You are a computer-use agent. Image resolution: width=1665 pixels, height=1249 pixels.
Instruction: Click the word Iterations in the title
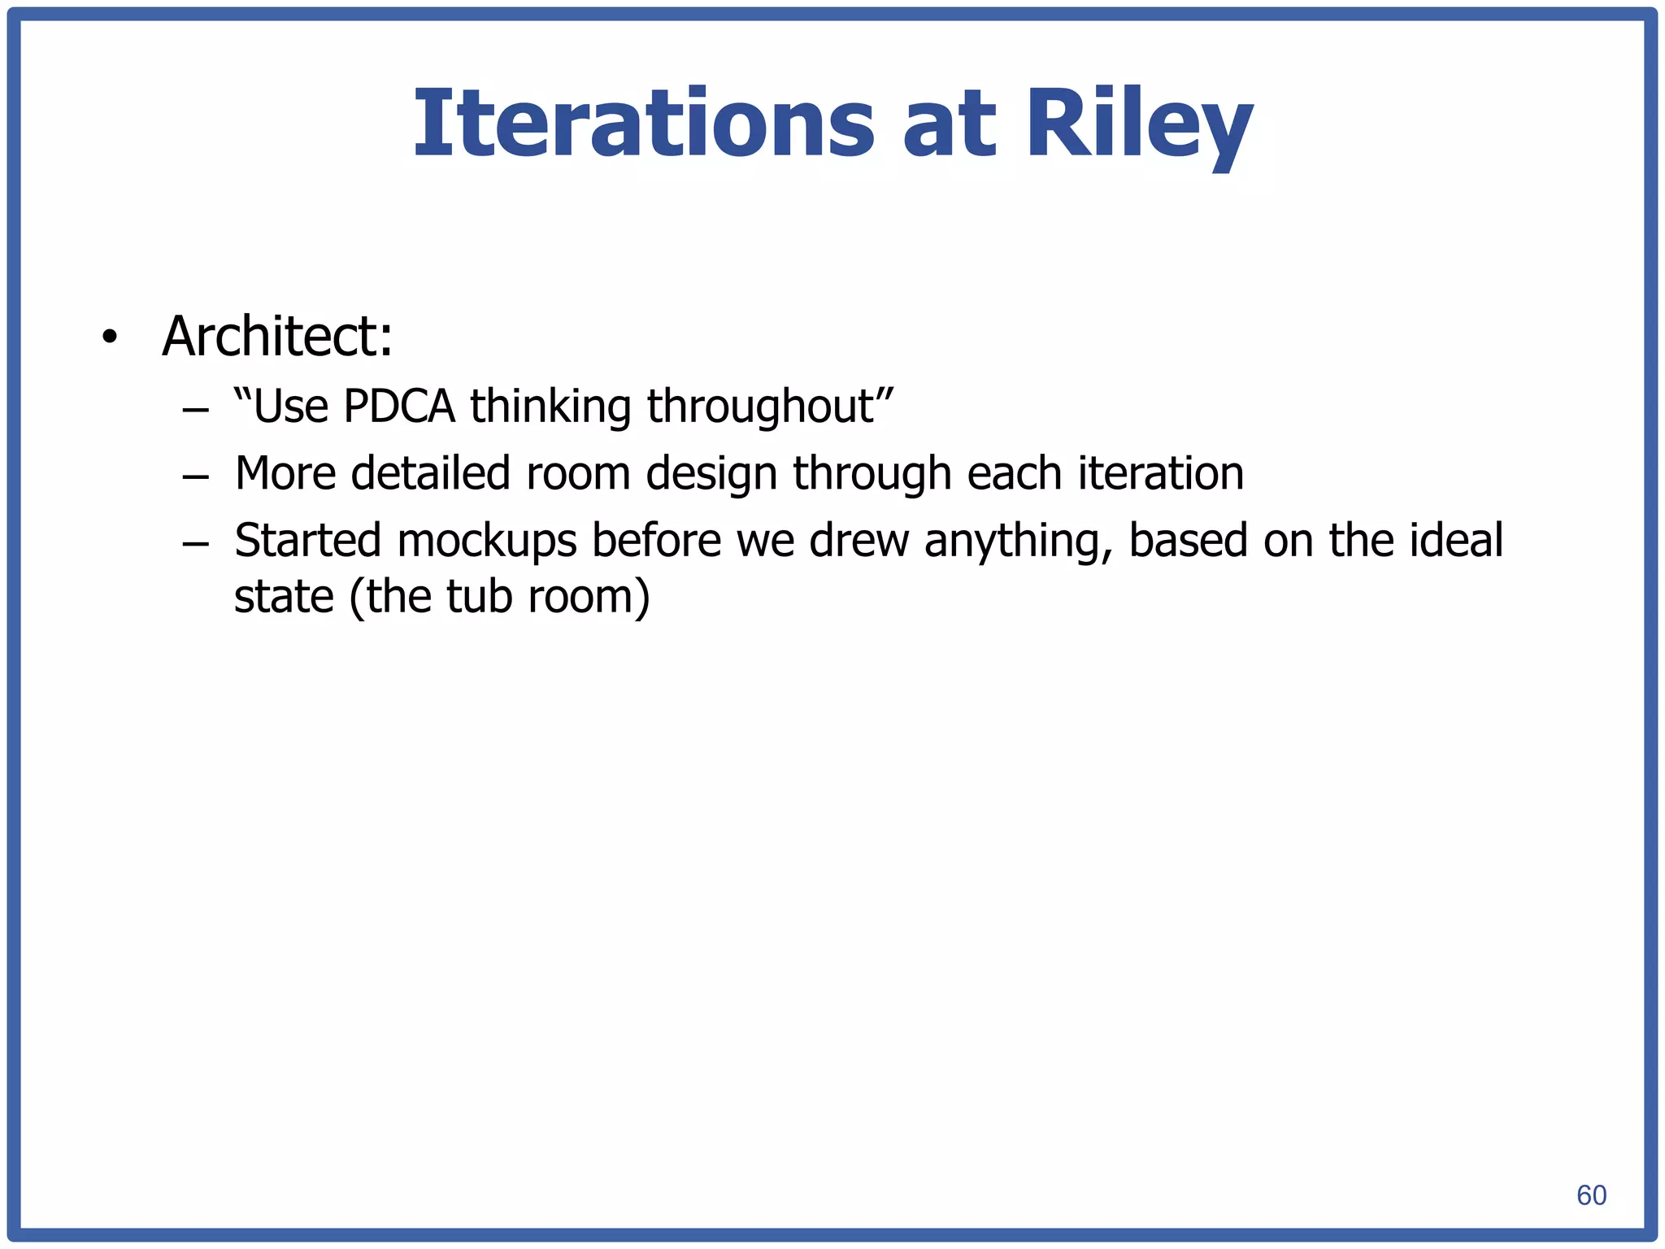pos(642,124)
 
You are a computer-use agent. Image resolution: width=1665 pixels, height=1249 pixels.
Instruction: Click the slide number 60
pos(1591,1195)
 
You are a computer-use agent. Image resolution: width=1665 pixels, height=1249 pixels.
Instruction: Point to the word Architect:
pos(277,336)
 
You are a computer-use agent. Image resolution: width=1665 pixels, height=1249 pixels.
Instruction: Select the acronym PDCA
pos(398,406)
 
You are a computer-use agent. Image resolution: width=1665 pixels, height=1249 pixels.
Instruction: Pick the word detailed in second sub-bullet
pos(430,473)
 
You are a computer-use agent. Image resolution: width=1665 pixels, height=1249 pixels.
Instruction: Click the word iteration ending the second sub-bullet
pos(1160,473)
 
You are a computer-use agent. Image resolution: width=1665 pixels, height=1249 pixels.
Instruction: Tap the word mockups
pos(486,541)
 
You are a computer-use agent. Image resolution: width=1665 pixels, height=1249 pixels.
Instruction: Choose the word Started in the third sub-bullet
pos(307,541)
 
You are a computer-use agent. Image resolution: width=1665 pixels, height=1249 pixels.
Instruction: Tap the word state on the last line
pos(284,597)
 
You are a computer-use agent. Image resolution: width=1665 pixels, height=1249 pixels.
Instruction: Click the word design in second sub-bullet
pos(711,473)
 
